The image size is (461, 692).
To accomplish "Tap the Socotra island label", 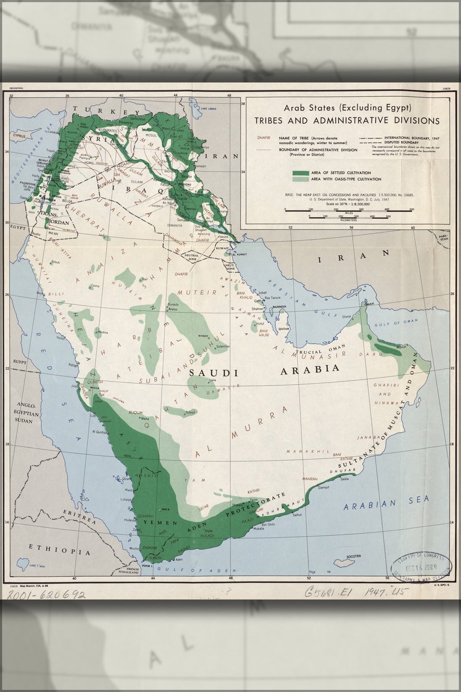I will [x=354, y=556].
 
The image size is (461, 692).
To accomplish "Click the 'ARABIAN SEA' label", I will [x=386, y=504].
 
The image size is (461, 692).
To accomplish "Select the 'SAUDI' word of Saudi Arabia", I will [x=214, y=373].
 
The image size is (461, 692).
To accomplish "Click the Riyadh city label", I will [x=204, y=336].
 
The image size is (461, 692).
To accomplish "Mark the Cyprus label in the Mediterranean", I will [x=19, y=136].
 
